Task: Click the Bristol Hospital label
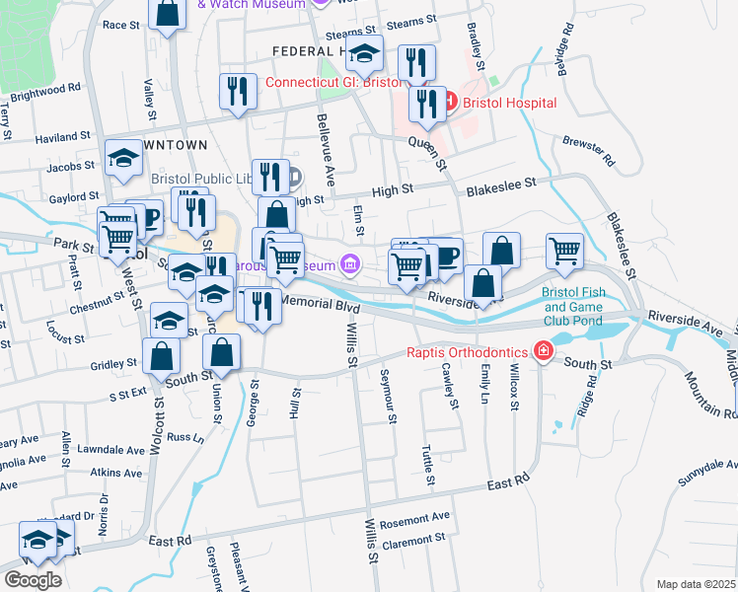coord(508,103)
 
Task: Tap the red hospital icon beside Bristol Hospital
coord(449,102)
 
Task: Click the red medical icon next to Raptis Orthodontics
coord(542,351)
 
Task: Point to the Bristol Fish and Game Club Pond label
coord(584,306)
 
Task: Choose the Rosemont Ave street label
coord(414,516)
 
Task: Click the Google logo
coord(33,580)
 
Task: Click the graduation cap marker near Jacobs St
coord(123,159)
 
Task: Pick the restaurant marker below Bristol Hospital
coord(427,106)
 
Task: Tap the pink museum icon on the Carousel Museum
coord(348,263)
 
